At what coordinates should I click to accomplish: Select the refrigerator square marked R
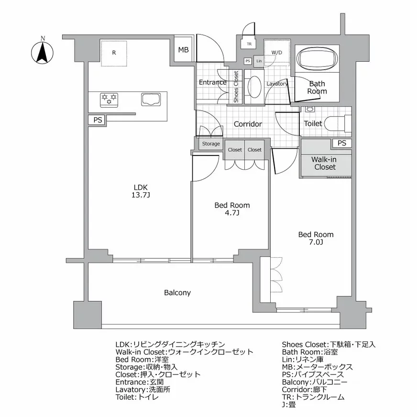tap(114, 53)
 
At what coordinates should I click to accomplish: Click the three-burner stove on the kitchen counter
tap(109, 99)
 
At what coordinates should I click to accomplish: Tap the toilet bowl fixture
tap(337, 123)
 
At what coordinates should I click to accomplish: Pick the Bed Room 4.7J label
tap(232, 209)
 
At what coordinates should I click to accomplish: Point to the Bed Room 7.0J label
tap(316, 238)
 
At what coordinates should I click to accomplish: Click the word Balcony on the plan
tap(177, 293)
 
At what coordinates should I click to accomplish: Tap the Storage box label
tap(211, 144)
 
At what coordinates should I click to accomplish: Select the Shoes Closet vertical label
tap(236, 87)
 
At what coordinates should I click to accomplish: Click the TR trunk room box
tap(249, 44)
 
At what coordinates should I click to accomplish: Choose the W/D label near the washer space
tap(276, 52)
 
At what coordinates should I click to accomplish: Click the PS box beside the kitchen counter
tap(98, 120)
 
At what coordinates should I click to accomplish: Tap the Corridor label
tap(248, 124)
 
